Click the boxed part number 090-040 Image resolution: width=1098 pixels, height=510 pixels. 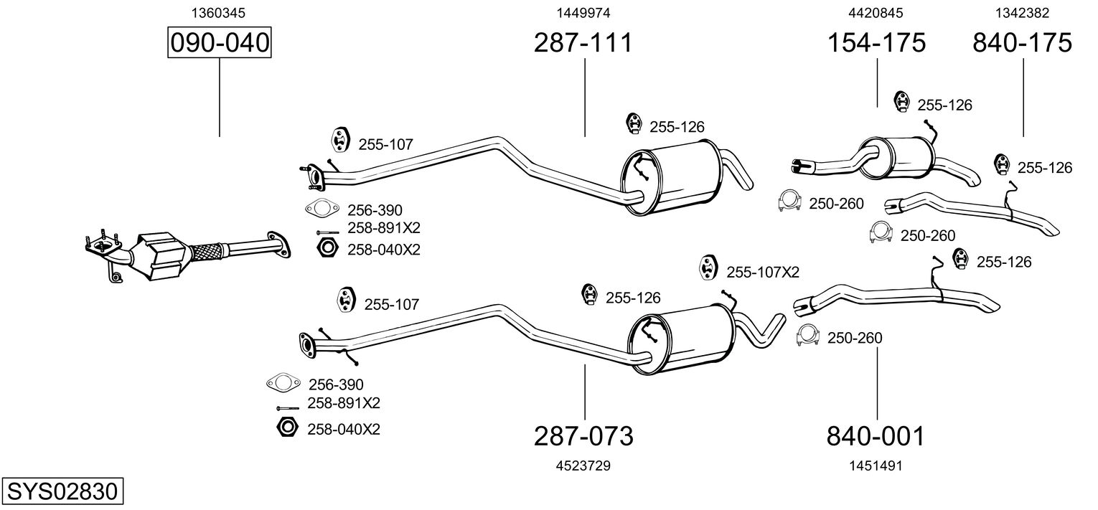click(219, 42)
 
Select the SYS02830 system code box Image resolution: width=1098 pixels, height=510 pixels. click(62, 491)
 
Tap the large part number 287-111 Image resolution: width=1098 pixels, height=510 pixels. click(583, 42)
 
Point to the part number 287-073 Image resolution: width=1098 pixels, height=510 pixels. click(583, 436)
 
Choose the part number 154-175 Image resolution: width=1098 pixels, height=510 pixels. click(876, 42)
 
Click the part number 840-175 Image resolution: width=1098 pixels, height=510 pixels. click(1023, 42)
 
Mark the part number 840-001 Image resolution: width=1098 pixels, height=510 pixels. click(876, 436)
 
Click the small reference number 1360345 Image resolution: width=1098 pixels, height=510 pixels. click(218, 13)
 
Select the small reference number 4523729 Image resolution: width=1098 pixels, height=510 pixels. click(583, 466)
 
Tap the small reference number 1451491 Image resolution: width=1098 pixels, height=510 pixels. click(876, 466)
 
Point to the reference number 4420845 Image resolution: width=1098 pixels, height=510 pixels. click(876, 13)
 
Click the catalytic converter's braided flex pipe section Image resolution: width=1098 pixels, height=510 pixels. click(205, 251)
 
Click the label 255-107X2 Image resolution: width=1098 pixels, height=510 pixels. click(763, 273)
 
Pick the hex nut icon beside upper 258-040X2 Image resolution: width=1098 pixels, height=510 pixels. click(327, 248)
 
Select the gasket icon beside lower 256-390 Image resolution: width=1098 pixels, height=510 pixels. click(283, 383)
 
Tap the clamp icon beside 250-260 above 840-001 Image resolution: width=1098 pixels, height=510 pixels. click(808, 335)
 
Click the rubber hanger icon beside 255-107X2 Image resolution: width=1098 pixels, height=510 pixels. click(708, 268)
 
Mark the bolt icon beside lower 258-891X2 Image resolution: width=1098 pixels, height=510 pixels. click(288, 407)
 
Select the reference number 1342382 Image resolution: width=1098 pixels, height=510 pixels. click(1022, 13)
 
